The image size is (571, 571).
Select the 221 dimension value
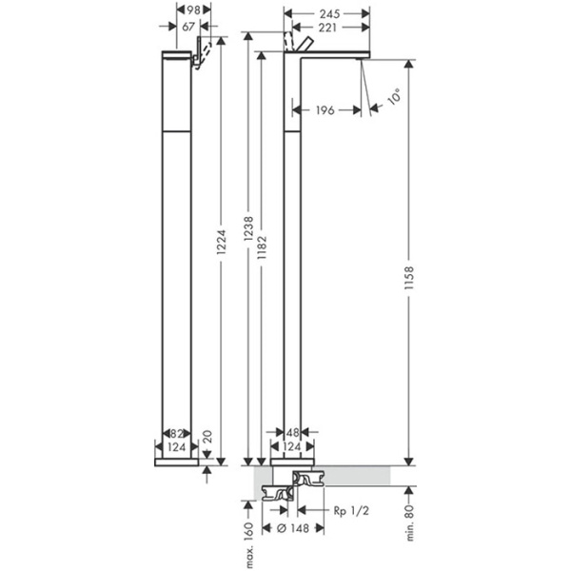[x=326, y=28]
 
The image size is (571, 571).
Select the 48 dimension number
[x=295, y=433]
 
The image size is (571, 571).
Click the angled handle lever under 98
[x=202, y=51]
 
